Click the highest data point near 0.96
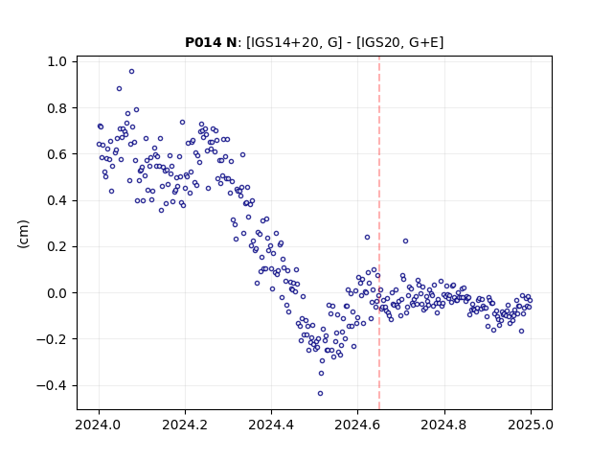click(x=132, y=72)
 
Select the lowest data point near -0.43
click(x=320, y=393)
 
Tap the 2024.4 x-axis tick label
click(x=271, y=425)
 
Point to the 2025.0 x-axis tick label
click(x=531, y=425)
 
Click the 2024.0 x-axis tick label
click(x=98, y=425)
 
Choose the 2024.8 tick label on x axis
click(x=443, y=425)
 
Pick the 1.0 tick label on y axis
click(x=57, y=61)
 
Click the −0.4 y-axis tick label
click(x=52, y=385)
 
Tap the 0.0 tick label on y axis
click(x=57, y=293)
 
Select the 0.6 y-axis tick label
click(x=57, y=154)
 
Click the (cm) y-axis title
click(x=23, y=234)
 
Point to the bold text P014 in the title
click(x=203, y=42)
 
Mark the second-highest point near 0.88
click(x=119, y=89)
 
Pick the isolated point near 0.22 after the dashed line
click(x=405, y=241)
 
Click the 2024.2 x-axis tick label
click(x=185, y=425)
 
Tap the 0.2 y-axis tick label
click(x=57, y=247)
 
